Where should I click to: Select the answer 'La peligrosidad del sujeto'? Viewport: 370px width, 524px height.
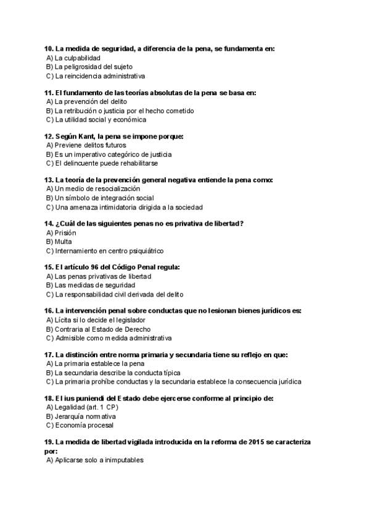[x=93, y=66]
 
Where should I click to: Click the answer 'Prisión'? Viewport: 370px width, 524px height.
[x=65, y=233]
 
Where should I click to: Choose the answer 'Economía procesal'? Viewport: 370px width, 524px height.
[x=84, y=425]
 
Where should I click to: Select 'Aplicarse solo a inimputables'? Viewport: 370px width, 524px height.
[x=99, y=460]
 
